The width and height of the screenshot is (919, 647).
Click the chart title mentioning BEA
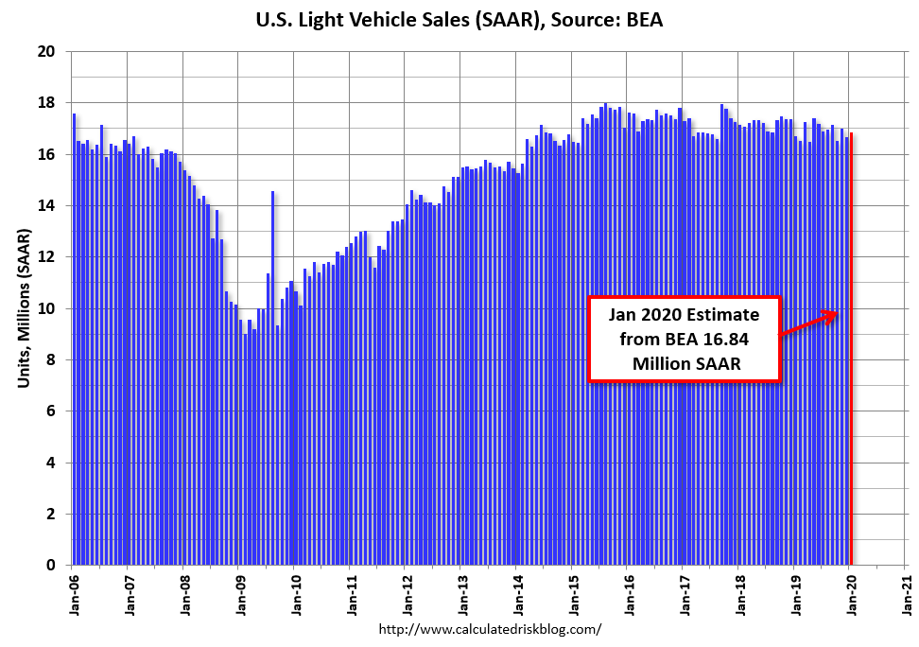tap(459, 18)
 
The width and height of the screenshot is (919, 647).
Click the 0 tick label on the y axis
tap(53, 565)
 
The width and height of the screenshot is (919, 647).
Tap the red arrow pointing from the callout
tap(808, 323)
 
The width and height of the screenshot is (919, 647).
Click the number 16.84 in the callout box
tap(740, 340)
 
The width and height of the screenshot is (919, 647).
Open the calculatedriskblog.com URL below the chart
tap(490, 629)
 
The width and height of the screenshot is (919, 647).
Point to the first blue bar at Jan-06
tap(74, 341)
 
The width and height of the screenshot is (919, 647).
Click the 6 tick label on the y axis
tap(53, 411)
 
